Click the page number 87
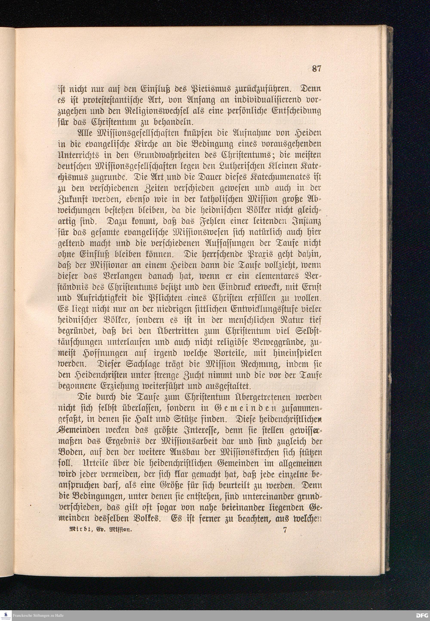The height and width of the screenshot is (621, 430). (316, 68)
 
